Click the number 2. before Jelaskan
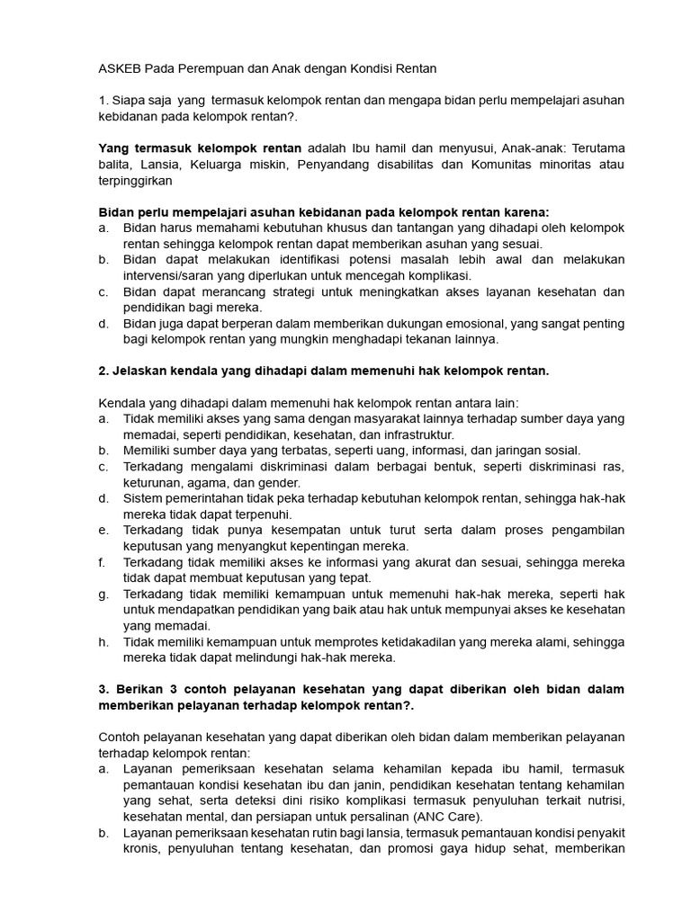pyautogui.click(x=103, y=371)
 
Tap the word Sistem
pyautogui.click(x=143, y=497)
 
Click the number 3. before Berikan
pyautogui.click(x=103, y=689)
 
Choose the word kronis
pyautogui.click(x=142, y=849)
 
